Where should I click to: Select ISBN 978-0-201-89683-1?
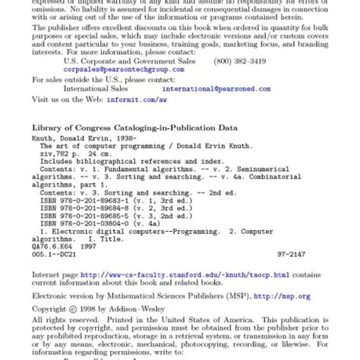87,201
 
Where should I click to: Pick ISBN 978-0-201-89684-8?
87,208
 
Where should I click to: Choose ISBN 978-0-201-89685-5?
87,215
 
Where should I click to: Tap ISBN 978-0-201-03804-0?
87,222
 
